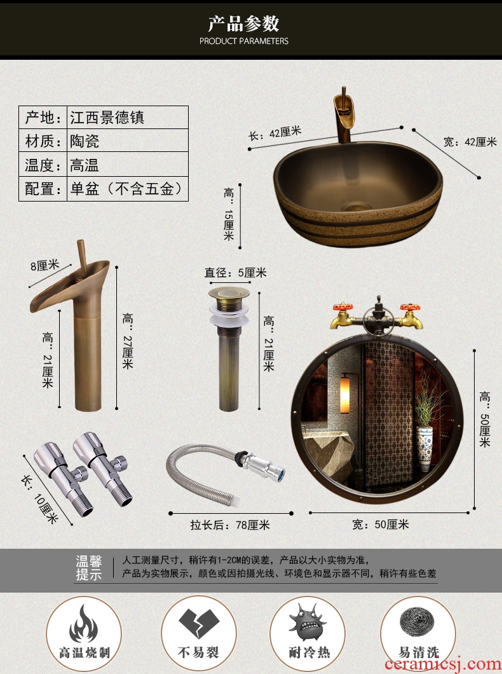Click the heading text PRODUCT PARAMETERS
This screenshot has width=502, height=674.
[243, 41]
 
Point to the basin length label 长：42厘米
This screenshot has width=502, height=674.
[275, 134]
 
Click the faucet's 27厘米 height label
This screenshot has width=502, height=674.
[128, 341]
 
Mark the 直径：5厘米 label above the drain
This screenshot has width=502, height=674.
[235, 273]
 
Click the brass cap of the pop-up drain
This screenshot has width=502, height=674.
[229, 294]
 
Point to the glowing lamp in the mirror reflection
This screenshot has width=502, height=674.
[345, 394]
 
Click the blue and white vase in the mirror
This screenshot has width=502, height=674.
[424, 448]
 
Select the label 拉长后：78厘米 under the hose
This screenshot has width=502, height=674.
[230, 525]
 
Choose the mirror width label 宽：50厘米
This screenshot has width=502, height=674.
[381, 525]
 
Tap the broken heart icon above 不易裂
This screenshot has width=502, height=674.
[199, 623]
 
